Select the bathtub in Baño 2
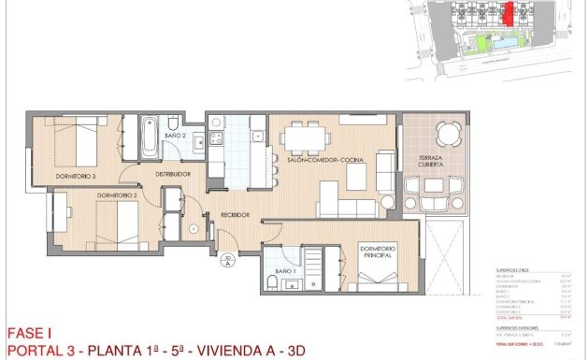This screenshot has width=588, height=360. tap(150, 139)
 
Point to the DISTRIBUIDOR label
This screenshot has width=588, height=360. tap(173, 174)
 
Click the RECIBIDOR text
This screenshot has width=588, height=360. tap(235, 215)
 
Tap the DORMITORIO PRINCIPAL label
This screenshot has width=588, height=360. tap(380, 252)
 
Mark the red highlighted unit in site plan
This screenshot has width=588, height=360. tap(509, 13)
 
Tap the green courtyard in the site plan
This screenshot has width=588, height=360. tap(483, 43)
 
